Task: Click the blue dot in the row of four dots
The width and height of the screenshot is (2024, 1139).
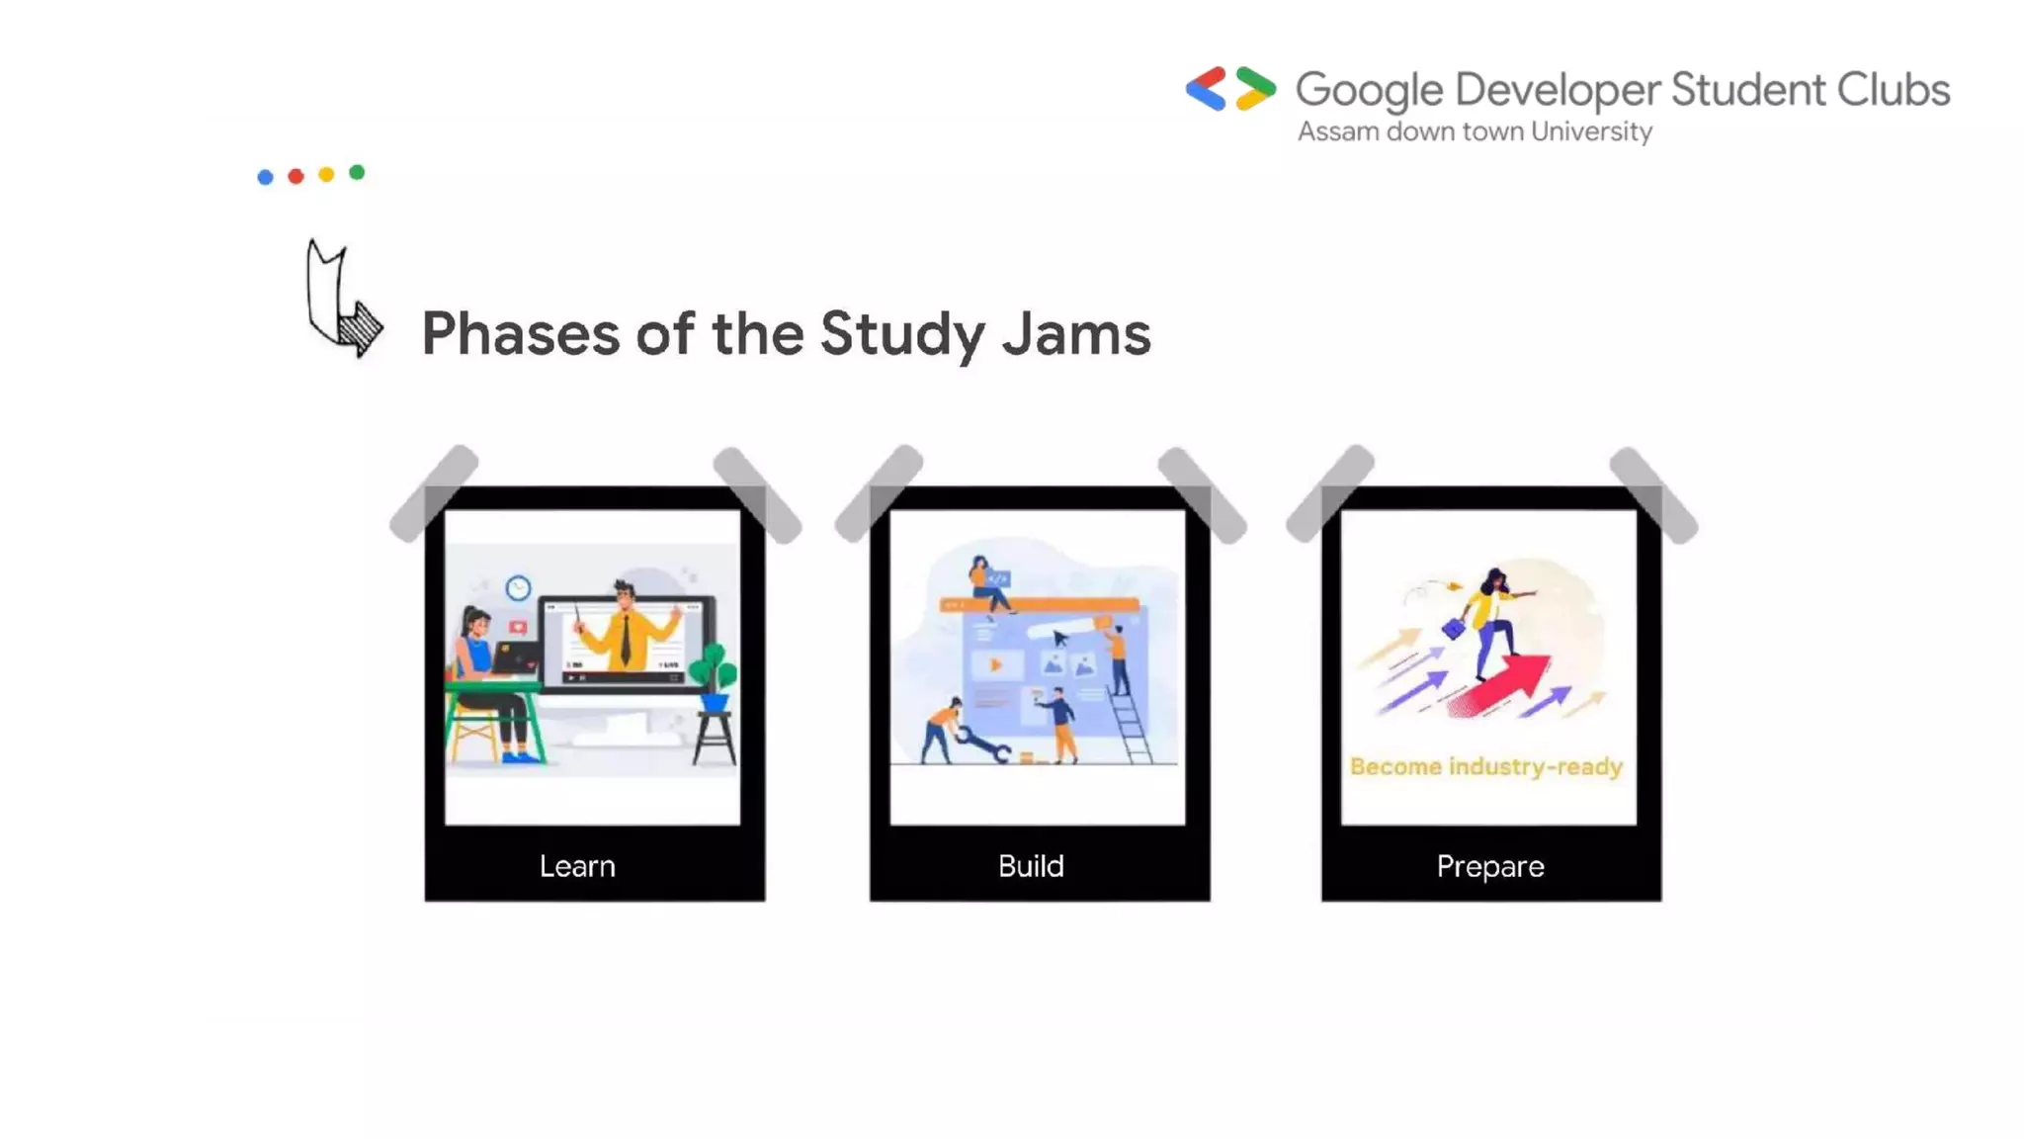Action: [265, 177]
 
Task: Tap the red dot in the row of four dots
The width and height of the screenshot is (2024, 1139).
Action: [295, 176]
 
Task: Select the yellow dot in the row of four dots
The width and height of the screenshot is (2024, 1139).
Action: [326, 175]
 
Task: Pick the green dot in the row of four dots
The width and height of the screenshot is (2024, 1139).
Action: [357, 173]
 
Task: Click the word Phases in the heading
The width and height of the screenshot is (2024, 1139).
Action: [520, 334]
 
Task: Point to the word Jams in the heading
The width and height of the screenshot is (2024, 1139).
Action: [1076, 334]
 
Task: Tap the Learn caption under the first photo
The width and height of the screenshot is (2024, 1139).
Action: [577, 866]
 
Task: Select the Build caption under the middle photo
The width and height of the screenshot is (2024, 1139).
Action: [1031, 866]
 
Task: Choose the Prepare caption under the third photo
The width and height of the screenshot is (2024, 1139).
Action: [1490, 866]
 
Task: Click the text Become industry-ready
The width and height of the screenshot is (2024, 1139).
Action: [1486, 766]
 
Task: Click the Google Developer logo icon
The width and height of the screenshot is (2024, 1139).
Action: [1230, 89]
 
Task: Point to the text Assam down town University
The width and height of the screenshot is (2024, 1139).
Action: [1475, 131]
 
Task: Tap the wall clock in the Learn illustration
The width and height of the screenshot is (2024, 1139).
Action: [518, 588]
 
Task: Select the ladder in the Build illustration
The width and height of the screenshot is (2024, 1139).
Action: [1131, 728]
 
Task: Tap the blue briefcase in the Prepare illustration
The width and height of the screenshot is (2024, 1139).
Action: [1454, 628]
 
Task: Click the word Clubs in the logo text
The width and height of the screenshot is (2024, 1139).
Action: [1893, 90]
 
